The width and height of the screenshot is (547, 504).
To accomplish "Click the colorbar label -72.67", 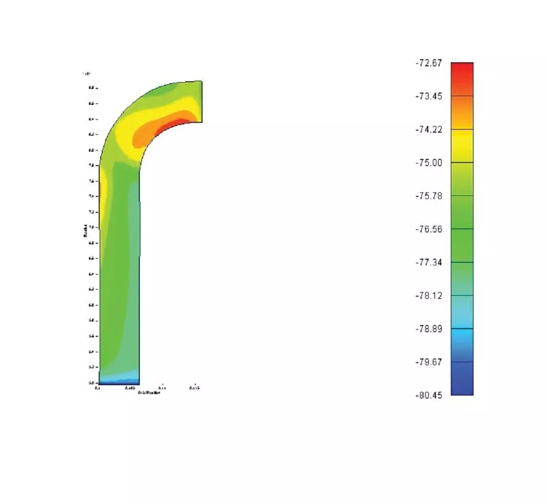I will tap(428, 63).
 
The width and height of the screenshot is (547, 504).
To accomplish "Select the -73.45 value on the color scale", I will tap(428, 96).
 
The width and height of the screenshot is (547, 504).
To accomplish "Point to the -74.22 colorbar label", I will tap(428, 130).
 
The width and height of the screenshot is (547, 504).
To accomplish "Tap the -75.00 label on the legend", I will tap(428, 163).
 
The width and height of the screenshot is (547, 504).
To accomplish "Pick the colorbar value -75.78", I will tap(428, 196).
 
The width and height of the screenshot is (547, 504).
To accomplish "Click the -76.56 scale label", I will tap(428, 229).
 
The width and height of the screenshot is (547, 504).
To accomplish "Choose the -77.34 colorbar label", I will tap(428, 262).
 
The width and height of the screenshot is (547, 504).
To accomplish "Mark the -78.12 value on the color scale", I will tap(428, 296).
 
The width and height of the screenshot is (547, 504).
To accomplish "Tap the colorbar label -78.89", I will tap(428, 329).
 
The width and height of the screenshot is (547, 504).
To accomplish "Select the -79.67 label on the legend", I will tap(428, 362).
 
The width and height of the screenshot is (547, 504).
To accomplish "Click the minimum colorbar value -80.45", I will tap(428, 395).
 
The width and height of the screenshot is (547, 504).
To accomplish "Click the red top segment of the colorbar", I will tap(462, 72).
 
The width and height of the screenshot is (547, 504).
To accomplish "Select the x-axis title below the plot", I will tap(149, 392).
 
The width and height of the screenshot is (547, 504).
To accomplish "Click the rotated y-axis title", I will tap(85, 233).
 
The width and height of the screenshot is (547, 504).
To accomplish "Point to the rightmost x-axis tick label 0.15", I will tap(194, 388).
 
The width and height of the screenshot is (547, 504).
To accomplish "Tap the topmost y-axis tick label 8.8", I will tap(91, 88).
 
